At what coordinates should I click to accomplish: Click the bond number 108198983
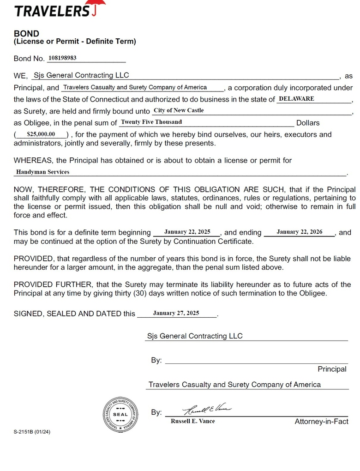62,58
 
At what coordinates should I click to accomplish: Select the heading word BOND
26,34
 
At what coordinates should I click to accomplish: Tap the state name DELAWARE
296,99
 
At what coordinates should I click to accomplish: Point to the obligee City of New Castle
179,110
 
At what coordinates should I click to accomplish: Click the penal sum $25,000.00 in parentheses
41,134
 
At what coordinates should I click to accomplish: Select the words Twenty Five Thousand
151,122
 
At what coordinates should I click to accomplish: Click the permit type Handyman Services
42,172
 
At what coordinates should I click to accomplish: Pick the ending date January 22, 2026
300,232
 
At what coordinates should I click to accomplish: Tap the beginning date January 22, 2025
187,232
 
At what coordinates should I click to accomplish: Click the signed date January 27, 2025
176,313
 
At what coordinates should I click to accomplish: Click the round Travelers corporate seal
120,414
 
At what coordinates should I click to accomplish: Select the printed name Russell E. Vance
192,421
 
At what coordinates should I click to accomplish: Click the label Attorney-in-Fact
321,422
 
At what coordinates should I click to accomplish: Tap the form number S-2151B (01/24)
32,432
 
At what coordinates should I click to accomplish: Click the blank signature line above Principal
256,362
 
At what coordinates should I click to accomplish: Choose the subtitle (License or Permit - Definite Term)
75,42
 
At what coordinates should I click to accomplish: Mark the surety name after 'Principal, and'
141,87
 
